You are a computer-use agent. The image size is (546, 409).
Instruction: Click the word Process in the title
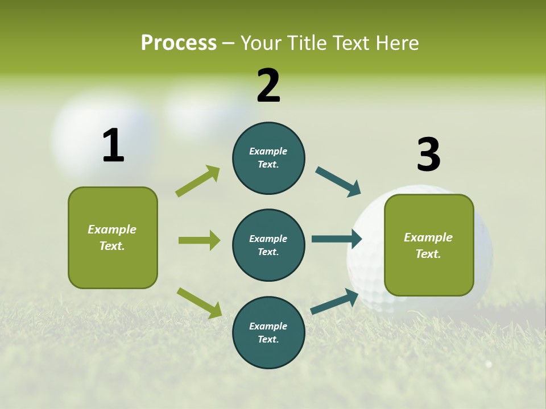[179, 43]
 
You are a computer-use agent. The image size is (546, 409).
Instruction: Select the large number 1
[113, 145]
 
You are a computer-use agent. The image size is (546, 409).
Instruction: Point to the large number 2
[268, 86]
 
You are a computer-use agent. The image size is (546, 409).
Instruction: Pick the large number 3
[428, 155]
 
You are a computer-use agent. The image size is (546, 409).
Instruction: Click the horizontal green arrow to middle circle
[199, 240]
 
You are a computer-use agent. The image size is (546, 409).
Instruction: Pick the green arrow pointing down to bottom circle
[199, 303]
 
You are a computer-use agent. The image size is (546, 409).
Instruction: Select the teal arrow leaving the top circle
[338, 182]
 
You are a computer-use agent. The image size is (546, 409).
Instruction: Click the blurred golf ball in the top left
[102, 133]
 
